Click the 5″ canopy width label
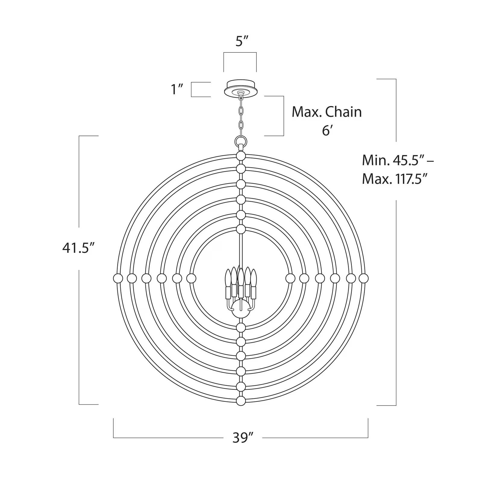point(242,42)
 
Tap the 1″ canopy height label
point(177,89)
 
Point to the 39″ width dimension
point(243,437)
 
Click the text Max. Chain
point(327,112)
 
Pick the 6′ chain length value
point(327,131)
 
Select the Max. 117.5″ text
point(395,179)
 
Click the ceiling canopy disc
point(240,88)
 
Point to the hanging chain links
point(241,117)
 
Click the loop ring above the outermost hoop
point(241,141)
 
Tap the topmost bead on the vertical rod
point(241,156)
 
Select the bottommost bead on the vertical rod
point(241,401)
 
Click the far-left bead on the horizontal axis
point(118,278)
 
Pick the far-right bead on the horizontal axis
point(364,278)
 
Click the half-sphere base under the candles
point(241,313)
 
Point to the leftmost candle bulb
point(228,278)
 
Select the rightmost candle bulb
point(254,278)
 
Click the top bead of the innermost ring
point(241,229)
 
